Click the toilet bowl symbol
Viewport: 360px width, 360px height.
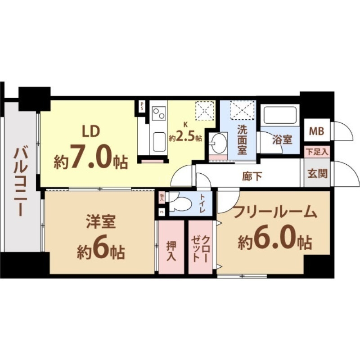point(180,204)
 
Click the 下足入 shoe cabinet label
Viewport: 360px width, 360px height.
point(317,152)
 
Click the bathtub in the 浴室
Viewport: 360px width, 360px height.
point(279,116)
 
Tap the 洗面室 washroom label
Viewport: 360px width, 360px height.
point(242,139)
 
